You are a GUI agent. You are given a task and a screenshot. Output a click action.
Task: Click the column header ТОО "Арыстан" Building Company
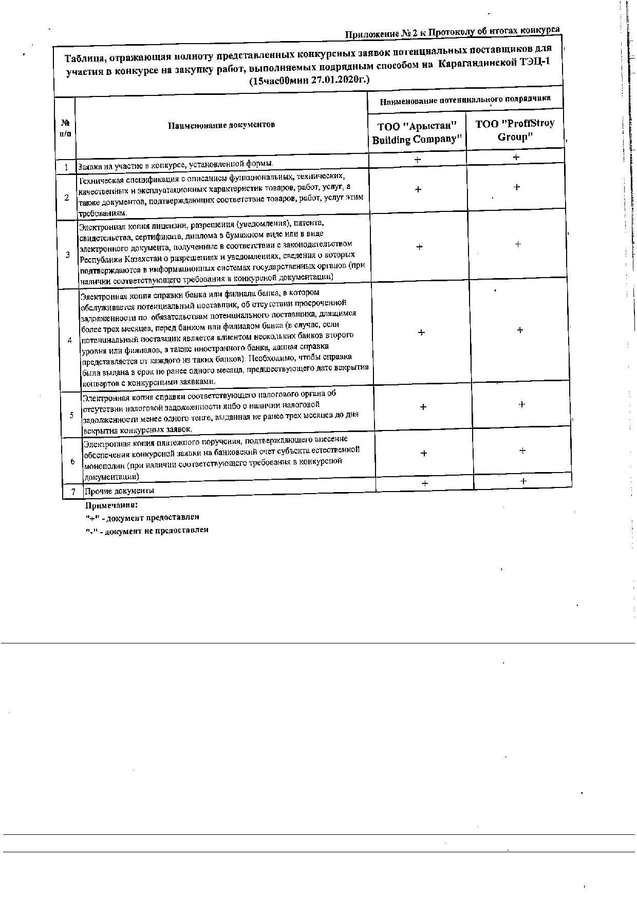(x=417, y=133)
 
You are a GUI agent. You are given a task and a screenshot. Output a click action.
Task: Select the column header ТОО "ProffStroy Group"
(x=514, y=130)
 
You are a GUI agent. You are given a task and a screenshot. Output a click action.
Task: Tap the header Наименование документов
(x=221, y=125)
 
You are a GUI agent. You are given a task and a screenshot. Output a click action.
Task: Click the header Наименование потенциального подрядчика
(x=465, y=100)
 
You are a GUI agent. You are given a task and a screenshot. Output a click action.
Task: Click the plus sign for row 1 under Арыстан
(x=418, y=160)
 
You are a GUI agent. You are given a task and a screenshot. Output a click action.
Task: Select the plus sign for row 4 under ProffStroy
(x=520, y=330)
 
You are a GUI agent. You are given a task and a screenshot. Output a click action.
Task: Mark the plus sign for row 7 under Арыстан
(x=425, y=483)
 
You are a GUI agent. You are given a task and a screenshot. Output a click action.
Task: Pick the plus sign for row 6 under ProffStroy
(x=522, y=451)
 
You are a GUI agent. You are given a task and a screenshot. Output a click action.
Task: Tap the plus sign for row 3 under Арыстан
(x=419, y=247)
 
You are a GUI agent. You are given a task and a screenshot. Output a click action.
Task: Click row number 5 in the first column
(x=71, y=415)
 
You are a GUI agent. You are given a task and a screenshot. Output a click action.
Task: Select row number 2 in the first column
(x=67, y=197)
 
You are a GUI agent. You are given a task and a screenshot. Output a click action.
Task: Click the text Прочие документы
(x=119, y=491)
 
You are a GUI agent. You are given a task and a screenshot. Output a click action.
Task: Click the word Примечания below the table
(x=111, y=504)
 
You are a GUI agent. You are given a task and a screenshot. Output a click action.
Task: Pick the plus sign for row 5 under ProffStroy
(x=521, y=404)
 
